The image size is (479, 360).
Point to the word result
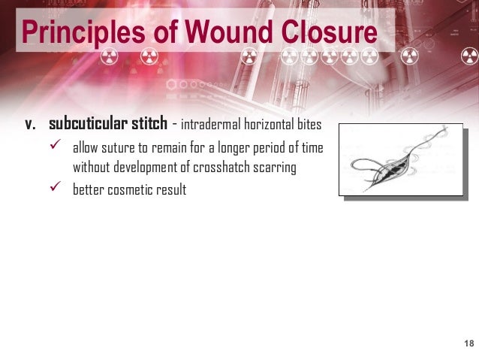point(172,190)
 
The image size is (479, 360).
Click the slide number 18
point(469,343)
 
